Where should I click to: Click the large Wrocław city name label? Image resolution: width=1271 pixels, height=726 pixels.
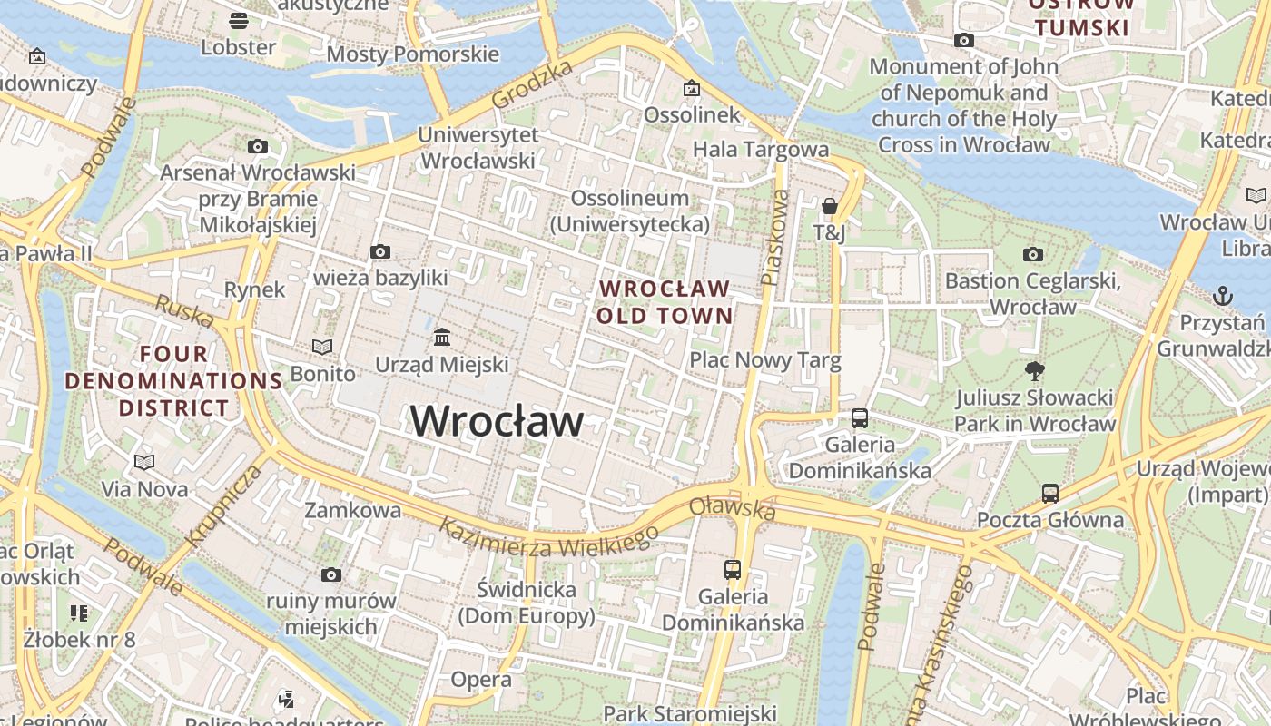pyautogui.click(x=497, y=421)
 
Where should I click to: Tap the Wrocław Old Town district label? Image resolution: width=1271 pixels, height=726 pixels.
pyautogui.click(x=665, y=302)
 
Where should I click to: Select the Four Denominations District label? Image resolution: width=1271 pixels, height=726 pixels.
pyautogui.click(x=173, y=380)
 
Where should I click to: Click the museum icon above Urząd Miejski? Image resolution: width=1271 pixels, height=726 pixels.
pyautogui.click(x=442, y=338)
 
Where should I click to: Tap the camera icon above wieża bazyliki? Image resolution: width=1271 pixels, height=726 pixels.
pyautogui.click(x=380, y=251)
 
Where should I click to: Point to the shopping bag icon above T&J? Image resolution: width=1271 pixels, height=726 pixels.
pyautogui.click(x=829, y=206)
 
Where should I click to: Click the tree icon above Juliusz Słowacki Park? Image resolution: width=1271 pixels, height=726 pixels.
pyautogui.click(x=1034, y=370)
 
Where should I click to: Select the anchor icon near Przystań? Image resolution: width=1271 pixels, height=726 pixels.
pyautogui.click(x=1224, y=296)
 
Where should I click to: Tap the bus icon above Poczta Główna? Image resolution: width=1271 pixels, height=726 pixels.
pyautogui.click(x=1050, y=494)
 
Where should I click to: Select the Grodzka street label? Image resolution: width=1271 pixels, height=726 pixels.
pyautogui.click(x=532, y=84)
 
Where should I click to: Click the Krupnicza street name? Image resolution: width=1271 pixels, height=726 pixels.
pyautogui.click(x=223, y=505)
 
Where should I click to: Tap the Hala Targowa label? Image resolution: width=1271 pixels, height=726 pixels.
pyautogui.click(x=761, y=149)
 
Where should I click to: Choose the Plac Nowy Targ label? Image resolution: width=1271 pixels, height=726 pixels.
pyautogui.click(x=765, y=360)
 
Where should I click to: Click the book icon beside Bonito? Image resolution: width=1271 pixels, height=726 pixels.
pyautogui.click(x=322, y=347)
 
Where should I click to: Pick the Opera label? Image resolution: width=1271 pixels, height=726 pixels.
pyautogui.click(x=481, y=679)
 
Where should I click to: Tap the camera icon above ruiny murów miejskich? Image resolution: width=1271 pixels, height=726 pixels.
pyautogui.click(x=331, y=574)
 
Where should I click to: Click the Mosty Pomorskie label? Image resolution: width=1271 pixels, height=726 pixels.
pyautogui.click(x=412, y=54)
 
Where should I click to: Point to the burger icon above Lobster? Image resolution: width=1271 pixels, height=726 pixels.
pyautogui.click(x=239, y=20)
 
